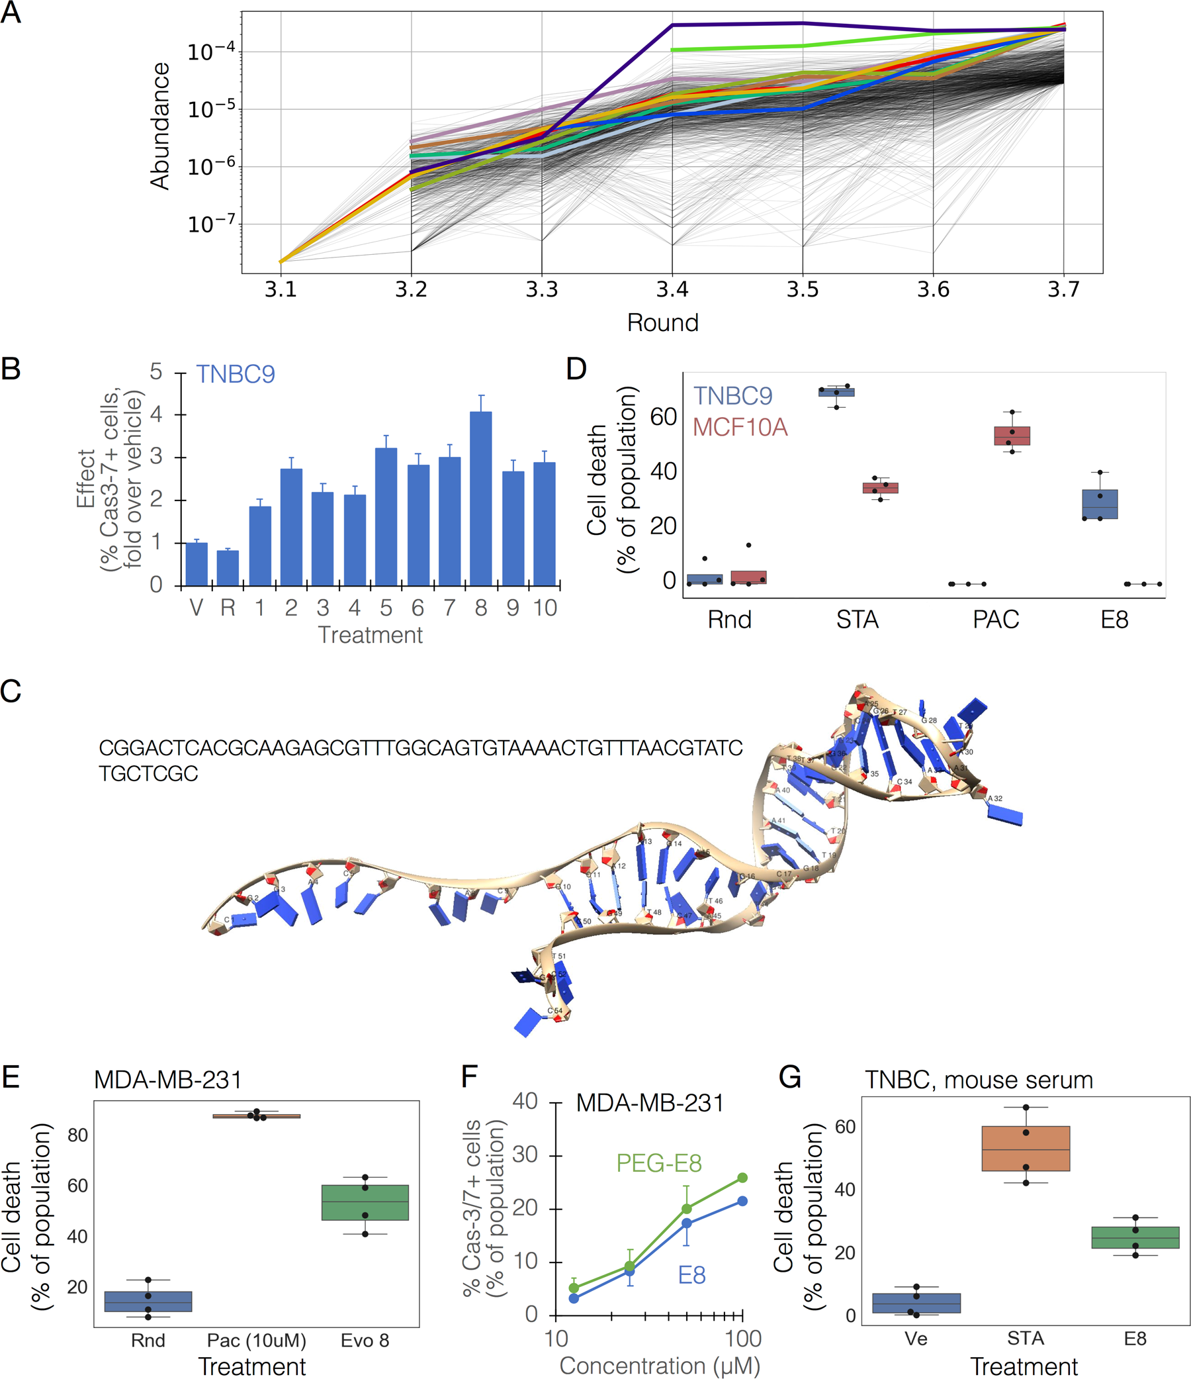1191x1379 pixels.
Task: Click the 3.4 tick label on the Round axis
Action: [x=672, y=289]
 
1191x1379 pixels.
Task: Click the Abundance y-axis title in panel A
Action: [x=160, y=126]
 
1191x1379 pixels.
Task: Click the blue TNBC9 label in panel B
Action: [x=236, y=374]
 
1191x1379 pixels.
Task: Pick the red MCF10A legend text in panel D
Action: [x=740, y=426]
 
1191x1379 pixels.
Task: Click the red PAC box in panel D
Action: [x=1011, y=436]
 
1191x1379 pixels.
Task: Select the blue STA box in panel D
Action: [x=836, y=392]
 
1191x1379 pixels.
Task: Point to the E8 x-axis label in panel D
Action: [x=1114, y=620]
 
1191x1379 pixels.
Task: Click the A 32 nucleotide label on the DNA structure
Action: [x=994, y=798]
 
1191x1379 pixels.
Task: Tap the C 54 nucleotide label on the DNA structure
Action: [x=555, y=1010]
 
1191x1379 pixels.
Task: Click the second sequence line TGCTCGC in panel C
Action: [x=148, y=773]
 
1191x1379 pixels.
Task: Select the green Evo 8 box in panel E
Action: [x=365, y=1202]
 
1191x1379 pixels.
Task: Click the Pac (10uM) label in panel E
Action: [x=256, y=1341]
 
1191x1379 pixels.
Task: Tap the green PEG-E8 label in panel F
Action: [x=659, y=1163]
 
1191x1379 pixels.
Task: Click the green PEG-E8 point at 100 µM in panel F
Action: [x=742, y=1177]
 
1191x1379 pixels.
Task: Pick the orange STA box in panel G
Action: [x=1026, y=1148]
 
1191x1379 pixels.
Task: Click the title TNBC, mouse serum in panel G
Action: [x=979, y=1080]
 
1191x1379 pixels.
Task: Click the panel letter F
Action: [x=469, y=1076]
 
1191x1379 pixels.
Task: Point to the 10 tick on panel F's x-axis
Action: [x=556, y=1339]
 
